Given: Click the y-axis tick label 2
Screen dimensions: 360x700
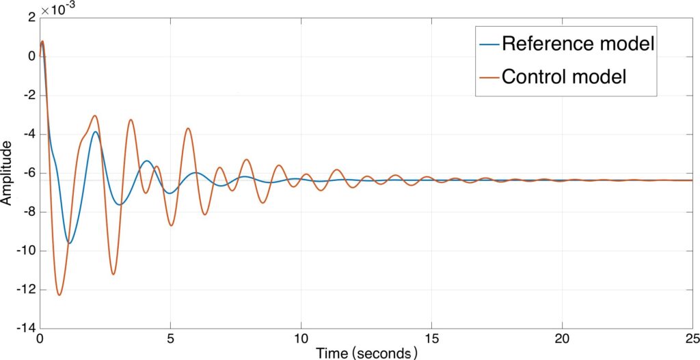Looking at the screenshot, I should (x=29, y=18).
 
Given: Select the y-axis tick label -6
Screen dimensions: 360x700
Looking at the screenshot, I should (x=27, y=174).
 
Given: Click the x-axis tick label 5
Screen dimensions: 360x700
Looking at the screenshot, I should (x=171, y=340).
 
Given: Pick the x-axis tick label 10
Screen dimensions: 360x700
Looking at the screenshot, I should (x=301, y=340).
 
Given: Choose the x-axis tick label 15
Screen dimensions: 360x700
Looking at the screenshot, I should (x=432, y=340).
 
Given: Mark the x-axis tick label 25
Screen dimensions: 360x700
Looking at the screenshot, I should (x=691, y=340).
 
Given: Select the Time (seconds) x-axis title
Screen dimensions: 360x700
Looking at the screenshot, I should (x=366, y=352).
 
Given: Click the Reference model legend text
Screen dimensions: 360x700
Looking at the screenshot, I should (x=578, y=44).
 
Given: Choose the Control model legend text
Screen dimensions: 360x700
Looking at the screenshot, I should (x=564, y=76).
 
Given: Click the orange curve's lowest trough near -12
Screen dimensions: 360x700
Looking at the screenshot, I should (x=59, y=295).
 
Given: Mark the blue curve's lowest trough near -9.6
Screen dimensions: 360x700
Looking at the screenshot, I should (x=69, y=243).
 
